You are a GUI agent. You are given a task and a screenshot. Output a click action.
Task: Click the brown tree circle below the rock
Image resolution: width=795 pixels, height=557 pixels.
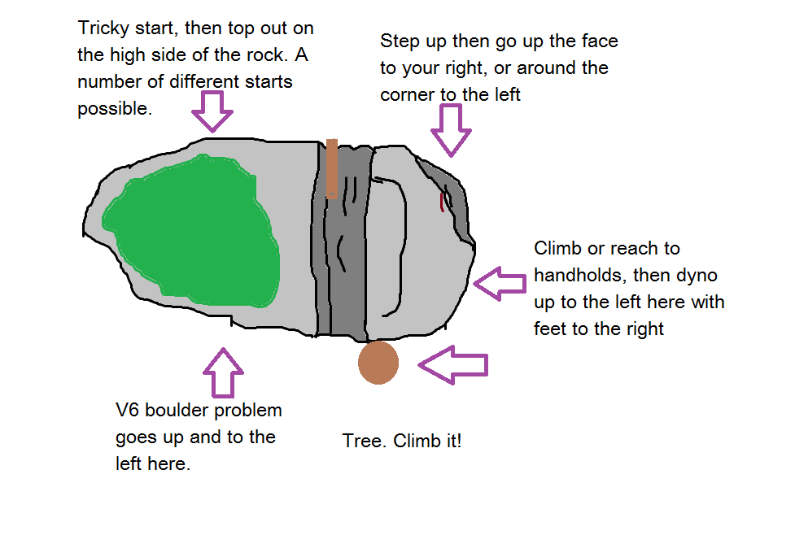(378, 363)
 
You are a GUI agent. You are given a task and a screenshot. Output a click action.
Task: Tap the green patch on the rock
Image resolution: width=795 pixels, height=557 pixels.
(195, 233)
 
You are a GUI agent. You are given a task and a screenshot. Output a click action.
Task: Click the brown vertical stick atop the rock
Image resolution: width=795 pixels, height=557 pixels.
(332, 169)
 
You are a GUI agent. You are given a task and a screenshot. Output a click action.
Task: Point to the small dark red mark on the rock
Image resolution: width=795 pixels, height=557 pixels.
(442, 202)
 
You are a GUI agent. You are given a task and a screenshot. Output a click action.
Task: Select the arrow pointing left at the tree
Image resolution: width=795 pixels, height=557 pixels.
(452, 365)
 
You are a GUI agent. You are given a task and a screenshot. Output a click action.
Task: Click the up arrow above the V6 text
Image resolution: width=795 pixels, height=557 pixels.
(223, 372)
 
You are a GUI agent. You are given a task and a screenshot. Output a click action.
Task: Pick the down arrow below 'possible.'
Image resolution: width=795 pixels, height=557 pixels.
(212, 111)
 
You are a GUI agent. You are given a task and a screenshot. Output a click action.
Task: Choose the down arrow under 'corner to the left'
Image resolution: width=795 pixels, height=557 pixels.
(451, 130)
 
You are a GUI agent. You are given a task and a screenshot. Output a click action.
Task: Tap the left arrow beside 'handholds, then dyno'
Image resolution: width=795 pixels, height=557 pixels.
(500, 283)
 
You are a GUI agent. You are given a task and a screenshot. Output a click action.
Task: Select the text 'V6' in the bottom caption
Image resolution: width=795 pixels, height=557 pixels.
(127, 410)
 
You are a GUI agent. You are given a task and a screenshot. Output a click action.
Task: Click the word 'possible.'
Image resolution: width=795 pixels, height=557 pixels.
(115, 110)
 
